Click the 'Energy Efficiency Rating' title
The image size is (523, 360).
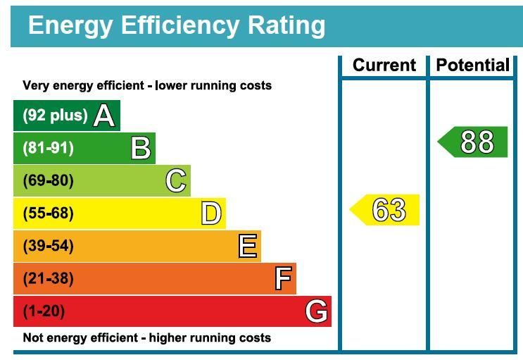(x=177, y=25)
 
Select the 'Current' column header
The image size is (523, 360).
(x=384, y=66)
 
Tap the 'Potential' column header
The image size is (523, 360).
(x=472, y=66)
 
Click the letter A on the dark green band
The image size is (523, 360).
(x=104, y=116)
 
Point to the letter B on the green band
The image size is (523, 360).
(x=141, y=148)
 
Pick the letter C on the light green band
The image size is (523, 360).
(x=177, y=181)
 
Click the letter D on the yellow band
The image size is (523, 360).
(x=211, y=213)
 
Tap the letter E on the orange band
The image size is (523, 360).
(x=248, y=247)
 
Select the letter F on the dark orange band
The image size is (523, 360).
(x=283, y=279)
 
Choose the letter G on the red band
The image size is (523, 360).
(x=317, y=311)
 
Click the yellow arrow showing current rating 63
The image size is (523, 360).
(x=386, y=210)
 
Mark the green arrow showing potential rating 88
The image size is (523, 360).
(x=474, y=142)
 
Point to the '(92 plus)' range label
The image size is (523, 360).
(x=56, y=116)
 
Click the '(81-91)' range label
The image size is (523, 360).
(x=48, y=148)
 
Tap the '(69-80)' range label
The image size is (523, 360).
(x=48, y=181)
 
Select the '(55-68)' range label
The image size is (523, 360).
(x=48, y=213)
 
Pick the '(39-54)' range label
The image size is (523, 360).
(x=48, y=247)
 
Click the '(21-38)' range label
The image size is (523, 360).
(x=48, y=279)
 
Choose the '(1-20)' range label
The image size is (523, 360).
(x=44, y=311)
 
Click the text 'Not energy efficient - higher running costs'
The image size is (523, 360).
(x=146, y=338)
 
